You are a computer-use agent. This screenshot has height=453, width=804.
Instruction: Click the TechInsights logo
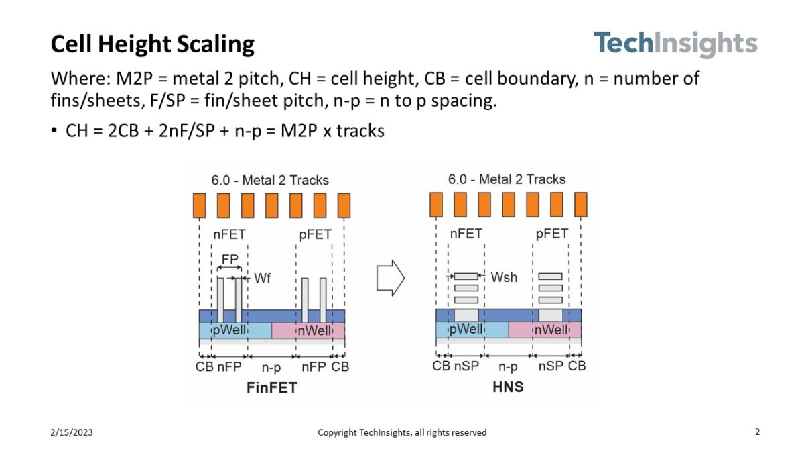(x=675, y=44)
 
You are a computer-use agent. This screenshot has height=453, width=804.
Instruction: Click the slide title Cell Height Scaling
(x=153, y=44)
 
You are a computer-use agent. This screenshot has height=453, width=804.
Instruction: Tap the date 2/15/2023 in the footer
(x=72, y=432)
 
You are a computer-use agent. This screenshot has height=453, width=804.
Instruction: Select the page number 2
(x=757, y=432)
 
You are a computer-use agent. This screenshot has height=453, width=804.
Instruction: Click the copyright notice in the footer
(x=402, y=432)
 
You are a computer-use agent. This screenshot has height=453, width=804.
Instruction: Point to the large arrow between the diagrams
(x=391, y=277)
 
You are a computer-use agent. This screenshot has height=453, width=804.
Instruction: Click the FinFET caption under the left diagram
(x=271, y=387)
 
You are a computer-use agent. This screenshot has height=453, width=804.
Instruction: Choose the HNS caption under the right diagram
(x=507, y=387)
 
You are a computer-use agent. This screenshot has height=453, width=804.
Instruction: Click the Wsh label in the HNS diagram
(x=504, y=276)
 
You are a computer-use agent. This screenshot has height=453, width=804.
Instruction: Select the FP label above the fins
(x=230, y=258)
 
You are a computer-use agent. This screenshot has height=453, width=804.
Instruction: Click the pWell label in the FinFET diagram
(x=230, y=330)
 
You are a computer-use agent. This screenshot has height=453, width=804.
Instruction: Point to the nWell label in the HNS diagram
(x=551, y=330)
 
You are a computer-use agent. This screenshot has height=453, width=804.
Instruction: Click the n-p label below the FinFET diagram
(x=271, y=366)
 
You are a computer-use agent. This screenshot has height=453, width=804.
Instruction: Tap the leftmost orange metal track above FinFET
(x=199, y=205)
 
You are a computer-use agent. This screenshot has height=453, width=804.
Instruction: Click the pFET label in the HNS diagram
(x=551, y=234)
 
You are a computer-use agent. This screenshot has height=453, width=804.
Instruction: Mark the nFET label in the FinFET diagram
(x=229, y=235)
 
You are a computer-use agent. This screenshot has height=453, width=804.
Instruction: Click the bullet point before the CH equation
(x=55, y=131)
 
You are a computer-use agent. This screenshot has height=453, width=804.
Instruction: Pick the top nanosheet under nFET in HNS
(x=466, y=276)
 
